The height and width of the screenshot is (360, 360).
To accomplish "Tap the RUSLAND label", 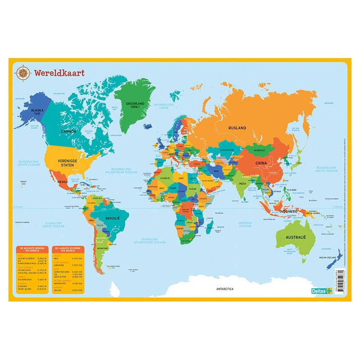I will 237,128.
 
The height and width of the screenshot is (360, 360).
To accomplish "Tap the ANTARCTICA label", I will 225,289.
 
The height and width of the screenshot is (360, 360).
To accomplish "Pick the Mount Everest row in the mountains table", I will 32,258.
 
